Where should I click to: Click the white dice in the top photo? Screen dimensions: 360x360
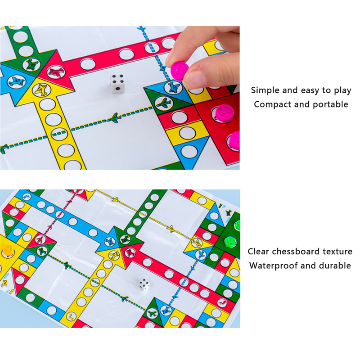pyautogui.click(x=117, y=84)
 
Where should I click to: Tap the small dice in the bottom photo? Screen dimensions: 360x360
pyautogui.click(x=144, y=285)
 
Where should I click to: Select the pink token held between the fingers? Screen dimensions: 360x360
pyautogui.click(x=180, y=72)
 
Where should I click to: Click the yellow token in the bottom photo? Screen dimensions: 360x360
pyautogui.click(x=7, y=251)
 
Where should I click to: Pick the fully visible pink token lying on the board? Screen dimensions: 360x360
pyautogui.click(x=224, y=112)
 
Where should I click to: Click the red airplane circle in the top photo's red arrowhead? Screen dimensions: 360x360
pyautogui.click(x=56, y=72)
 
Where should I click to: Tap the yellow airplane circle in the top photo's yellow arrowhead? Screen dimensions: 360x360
pyautogui.click(x=42, y=90)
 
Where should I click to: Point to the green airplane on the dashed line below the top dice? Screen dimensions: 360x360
pyautogui.click(x=114, y=118)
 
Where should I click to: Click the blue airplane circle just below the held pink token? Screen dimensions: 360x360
pyautogui.click(x=173, y=87)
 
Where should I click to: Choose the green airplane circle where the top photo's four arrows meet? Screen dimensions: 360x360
pyautogui.click(x=31, y=65)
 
